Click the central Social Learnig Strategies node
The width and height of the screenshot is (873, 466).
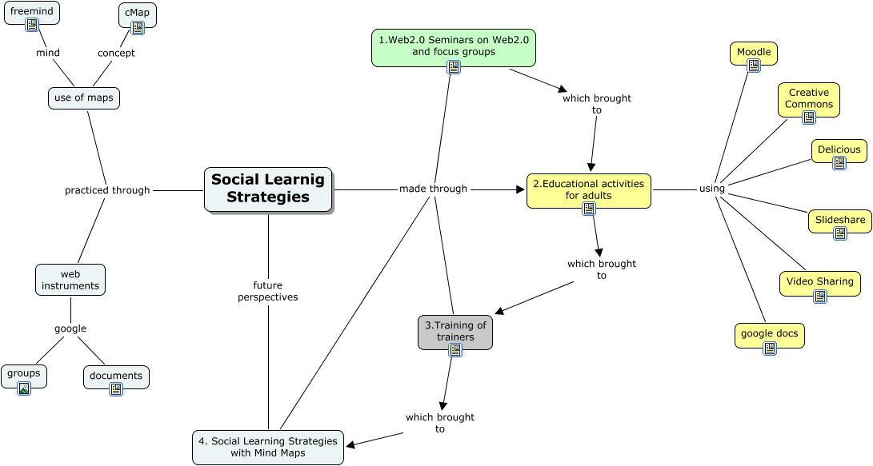tap(268, 189)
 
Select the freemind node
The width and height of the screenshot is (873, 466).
tap(32, 13)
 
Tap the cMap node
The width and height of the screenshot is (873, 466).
tap(137, 14)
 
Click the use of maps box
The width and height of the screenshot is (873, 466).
tap(84, 98)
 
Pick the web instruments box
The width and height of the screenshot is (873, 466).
tap(70, 280)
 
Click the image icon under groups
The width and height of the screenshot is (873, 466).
tap(24, 388)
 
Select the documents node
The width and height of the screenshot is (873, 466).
tap(116, 376)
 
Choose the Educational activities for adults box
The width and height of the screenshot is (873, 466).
tap(588, 189)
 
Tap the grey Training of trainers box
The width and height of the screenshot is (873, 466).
tap(455, 331)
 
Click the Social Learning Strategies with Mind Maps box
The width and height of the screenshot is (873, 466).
tap(268, 447)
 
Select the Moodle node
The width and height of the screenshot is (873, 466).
tap(754, 52)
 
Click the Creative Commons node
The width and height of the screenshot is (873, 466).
tap(809, 98)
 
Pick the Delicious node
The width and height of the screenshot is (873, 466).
tap(839, 149)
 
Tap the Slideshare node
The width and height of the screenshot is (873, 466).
tap(839, 220)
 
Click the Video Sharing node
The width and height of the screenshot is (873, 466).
tap(820, 281)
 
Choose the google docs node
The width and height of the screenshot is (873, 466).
tap(769, 333)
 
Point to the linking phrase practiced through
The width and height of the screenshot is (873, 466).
tap(107, 190)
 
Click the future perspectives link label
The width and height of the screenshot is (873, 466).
tap(268, 291)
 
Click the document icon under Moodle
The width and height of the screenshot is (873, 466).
tap(754, 66)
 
